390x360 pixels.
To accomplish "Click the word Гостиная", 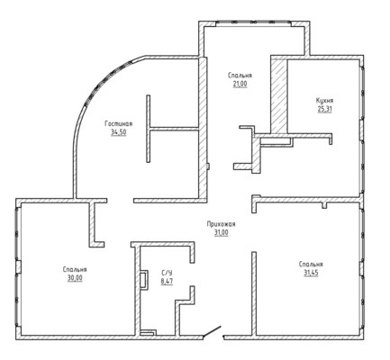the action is tap(119, 123).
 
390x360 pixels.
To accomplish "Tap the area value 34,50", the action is tap(119, 132).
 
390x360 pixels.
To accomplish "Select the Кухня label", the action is tap(325, 101).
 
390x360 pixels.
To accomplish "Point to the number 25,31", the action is tap(325, 109).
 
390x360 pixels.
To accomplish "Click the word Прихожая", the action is tap(222, 224).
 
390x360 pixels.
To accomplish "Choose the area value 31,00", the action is tap(222, 232).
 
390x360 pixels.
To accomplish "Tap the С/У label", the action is tap(167, 273).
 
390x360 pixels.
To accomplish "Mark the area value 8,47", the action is tap(167, 282).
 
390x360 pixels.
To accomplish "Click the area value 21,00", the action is tap(240, 84).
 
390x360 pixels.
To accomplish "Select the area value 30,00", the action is tap(75, 278).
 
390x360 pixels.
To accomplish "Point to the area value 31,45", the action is tap(311, 273).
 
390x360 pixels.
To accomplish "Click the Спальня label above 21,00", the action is tap(240, 76).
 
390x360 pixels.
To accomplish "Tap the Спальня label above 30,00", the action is tap(75, 269).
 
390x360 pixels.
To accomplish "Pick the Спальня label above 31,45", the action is tap(311, 265).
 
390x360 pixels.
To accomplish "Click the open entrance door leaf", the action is tap(212, 331).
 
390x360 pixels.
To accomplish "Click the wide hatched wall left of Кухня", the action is tap(279, 96).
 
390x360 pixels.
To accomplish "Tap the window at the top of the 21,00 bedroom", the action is tap(253, 23).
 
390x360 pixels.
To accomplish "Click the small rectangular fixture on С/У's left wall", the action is tap(144, 280).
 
